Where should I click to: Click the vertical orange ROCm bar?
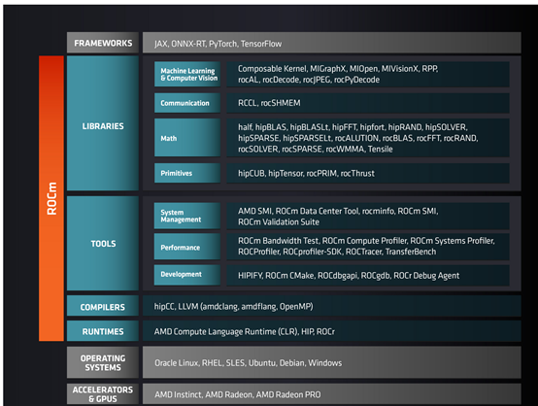[51, 198]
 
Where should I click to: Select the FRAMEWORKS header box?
[103, 43]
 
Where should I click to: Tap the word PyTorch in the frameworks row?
[222, 44]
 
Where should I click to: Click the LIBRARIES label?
[103, 126]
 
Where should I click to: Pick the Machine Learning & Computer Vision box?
[187, 74]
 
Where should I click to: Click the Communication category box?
[187, 103]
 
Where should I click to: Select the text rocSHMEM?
[281, 103]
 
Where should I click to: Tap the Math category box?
[187, 138]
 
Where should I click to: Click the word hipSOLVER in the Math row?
[446, 127]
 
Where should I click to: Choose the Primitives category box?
[187, 173]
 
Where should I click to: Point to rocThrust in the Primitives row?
[357, 173]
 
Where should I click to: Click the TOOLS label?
[103, 244]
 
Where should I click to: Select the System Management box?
[187, 216]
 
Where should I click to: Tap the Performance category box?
[187, 247]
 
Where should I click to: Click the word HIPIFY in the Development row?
[251, 276]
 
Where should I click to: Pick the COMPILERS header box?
[103, 306]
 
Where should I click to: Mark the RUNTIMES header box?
[103, 331]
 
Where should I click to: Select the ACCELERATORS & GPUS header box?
[103, 393]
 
